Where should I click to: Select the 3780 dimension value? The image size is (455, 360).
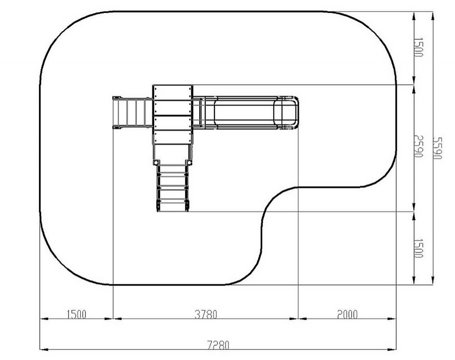[x=206, y=314]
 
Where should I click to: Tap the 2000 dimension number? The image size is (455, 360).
[x=347, y=314]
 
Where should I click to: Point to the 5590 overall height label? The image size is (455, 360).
[x=437, y=148]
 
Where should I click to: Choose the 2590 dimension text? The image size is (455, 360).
[x=418, y=146]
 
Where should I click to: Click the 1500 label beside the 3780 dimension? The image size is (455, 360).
[x=77, y=314]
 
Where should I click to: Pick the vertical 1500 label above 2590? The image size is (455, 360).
[x=418, y=47]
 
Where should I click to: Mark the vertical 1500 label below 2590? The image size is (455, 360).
[x=418, y=248]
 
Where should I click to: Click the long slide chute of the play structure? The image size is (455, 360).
[x=245, y=113]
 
